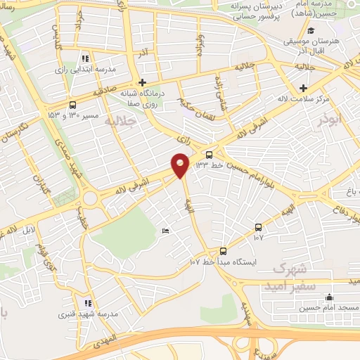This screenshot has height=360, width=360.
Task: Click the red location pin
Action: click(x=181, y=165)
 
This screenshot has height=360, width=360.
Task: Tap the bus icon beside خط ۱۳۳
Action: click(x=209, y=155)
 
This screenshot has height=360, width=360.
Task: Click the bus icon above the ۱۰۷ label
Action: click(x=259, y=227)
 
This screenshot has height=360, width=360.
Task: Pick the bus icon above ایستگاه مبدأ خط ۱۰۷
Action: click(x=224, y=250)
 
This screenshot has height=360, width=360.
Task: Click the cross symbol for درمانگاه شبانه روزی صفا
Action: click(x=143, y=81)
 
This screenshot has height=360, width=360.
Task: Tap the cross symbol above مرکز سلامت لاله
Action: click(x=303, y=88)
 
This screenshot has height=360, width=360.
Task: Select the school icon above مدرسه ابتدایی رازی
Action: click(x=85, y=59)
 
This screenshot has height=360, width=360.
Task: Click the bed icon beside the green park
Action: click(x=165, y=231)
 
